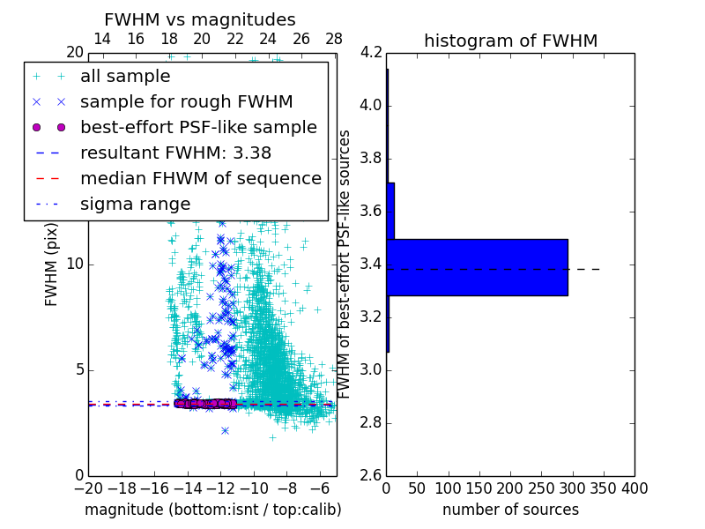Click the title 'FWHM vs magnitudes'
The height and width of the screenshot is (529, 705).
[x=200, y=19]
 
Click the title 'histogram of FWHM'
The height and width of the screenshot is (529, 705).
[x=510, y=41]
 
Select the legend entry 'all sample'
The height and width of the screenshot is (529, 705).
[x=125, y=77]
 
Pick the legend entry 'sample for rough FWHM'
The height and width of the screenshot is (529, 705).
[x=186, y=101]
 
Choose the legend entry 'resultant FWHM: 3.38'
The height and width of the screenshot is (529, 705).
[x=175, y=153]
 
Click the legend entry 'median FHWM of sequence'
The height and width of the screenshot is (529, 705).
[x=200, y=178]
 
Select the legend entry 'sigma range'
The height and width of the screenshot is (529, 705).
[x=135, y=204]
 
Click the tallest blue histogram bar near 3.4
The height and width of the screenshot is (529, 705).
[x=477, y=267]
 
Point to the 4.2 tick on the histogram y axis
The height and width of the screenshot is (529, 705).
[x=371, y=53]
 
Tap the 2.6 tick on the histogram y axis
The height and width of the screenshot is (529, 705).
[x=371, y=475]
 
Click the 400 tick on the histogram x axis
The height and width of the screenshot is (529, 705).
[x=634, y=488]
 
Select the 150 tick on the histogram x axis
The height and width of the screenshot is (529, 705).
[x=479, y=488]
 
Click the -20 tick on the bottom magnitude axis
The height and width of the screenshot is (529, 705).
[x=88, y=488]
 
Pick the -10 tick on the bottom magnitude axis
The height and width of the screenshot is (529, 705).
[x=254, y=488]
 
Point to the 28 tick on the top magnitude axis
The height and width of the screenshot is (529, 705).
[x=334, y=39]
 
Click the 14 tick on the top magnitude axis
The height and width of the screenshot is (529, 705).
[x=102, y=39]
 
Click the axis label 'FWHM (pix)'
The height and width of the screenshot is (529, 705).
[x=52, y=264]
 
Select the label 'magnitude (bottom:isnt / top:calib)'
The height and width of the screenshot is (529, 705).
[x=212, y=510]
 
